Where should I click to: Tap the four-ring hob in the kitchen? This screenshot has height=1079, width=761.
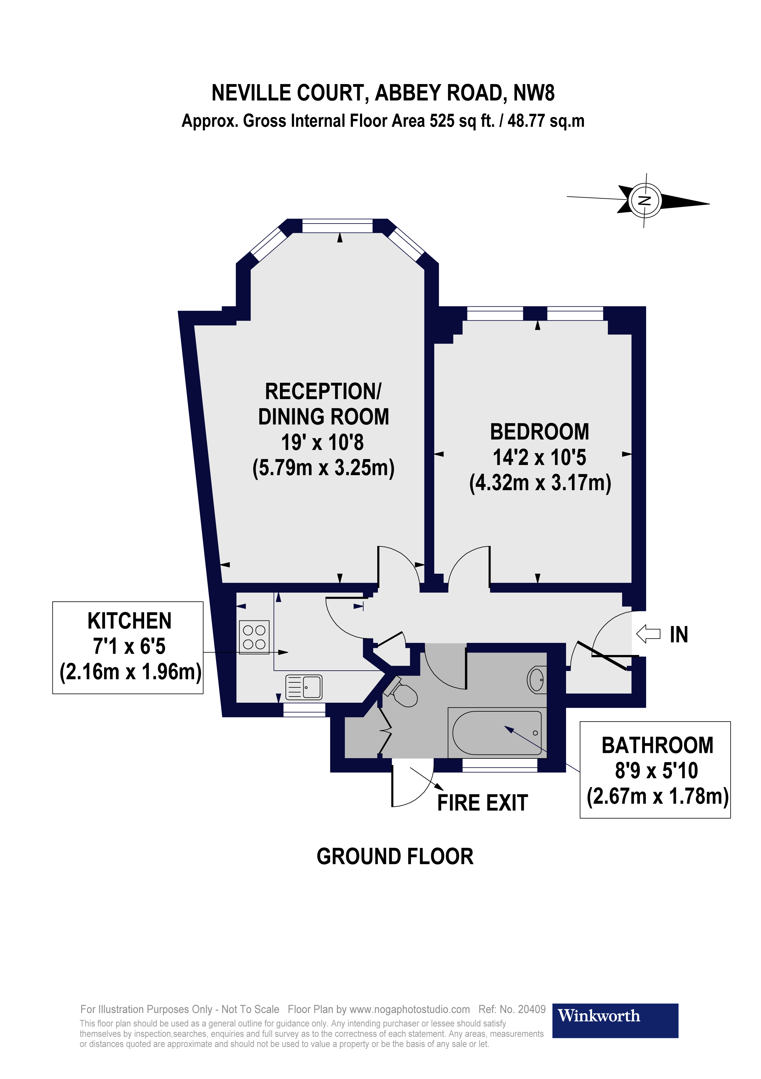[254, 637]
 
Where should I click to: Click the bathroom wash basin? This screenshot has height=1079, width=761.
[537, 680]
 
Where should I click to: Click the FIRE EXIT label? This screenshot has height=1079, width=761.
[482, 803]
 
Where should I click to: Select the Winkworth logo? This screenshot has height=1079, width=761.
[614, 1016]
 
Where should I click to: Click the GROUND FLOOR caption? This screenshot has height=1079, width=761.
[395, 857]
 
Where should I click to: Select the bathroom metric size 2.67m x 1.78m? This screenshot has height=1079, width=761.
[657, 796]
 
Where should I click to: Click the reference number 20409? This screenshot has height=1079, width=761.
[532, 1009]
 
